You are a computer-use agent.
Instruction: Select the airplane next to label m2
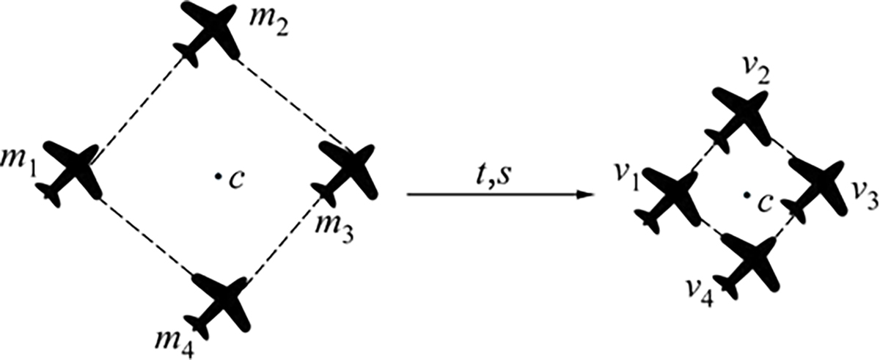point(208,34)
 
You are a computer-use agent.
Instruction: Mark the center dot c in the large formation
point(216,177)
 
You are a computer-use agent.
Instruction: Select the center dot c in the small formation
point(746,195)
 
